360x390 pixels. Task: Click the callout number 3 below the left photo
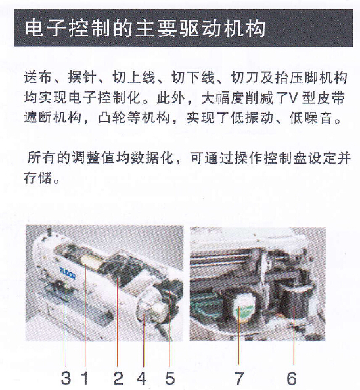[x=66, y=378]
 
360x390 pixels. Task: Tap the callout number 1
[x=85, y=378]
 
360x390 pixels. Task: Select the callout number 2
[x=118, y=378]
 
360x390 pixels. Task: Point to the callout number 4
[x=141, y=378]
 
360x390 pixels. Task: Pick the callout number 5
[x=170, y=378]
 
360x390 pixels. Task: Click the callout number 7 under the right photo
[x=239, y=378]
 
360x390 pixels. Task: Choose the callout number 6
[x=292, y=378]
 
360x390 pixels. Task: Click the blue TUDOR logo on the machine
[x=67, y=273]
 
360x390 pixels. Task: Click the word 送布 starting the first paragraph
[x=37, y=77]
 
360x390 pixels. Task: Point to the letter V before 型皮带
[x=293, y=97]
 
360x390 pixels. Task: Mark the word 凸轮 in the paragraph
[x=112, y=118]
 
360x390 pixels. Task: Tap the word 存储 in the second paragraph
[x=37, y=178]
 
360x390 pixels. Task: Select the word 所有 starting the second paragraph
[x=41, y=158]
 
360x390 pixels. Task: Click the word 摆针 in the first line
[x=82, y=77]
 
